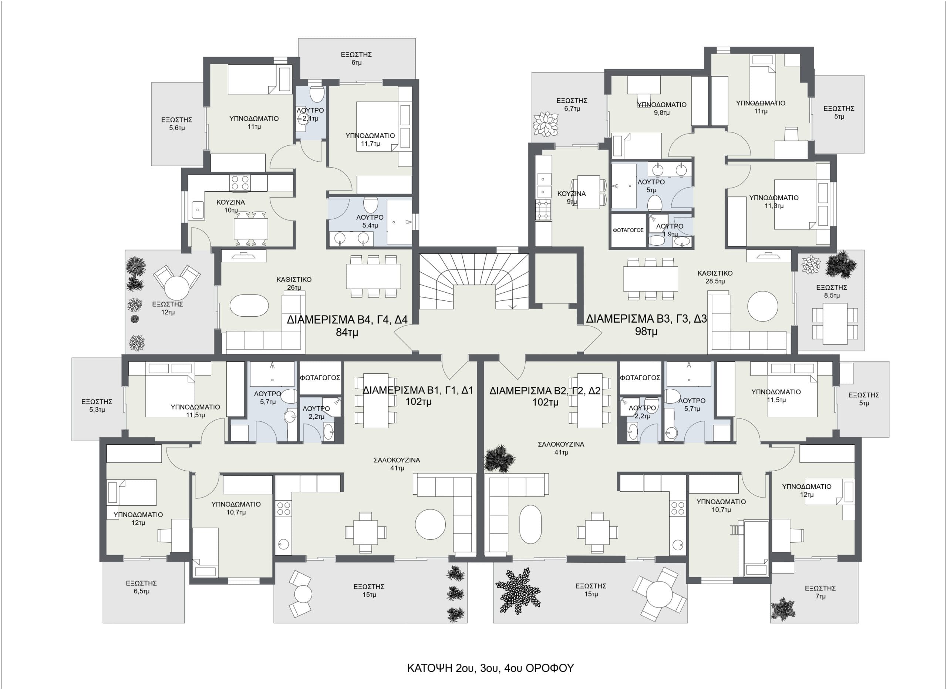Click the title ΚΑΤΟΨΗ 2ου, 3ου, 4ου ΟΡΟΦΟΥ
pyautogui.click(x=490, y=668)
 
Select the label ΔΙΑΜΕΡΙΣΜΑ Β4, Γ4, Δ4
pyautogui.click(x=347, y=320)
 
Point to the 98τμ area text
pyautogui.click(x=646, y=331)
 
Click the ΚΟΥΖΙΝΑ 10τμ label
pyautogui.click(x=230, y=206)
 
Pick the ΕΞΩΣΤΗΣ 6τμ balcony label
pyautogui.click(x=356, y=58)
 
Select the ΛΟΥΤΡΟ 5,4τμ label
pyautogui.click(x=370, y=221)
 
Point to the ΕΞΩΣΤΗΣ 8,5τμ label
pyautogui.click(x=831, y=291)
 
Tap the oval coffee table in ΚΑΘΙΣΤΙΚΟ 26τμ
pyautogui.click(x=249, y=306)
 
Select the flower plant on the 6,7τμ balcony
pyautogui.click(x=546, y=124)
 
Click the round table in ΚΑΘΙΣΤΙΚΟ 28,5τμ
pyautogui.click(x=762, y=306)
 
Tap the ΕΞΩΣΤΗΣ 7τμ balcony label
pyautogui.click(x=820, y=592)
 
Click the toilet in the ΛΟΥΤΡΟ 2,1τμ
pyautogui.click(x=317, y=94)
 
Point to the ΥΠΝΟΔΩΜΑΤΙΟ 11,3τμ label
pyautogui.click(x=774, y=202)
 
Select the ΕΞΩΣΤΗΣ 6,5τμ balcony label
pyautogui.click(x=141, y=587)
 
